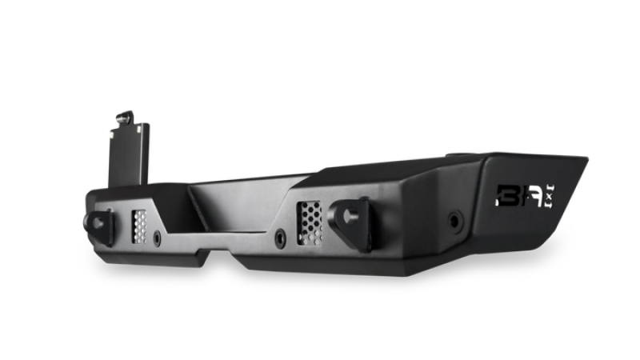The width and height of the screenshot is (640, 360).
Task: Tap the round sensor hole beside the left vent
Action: click(158, 238)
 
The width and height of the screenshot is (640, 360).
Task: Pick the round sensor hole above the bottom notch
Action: click(278, 238)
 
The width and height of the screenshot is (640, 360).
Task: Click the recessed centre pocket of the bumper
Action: click(240, 196)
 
